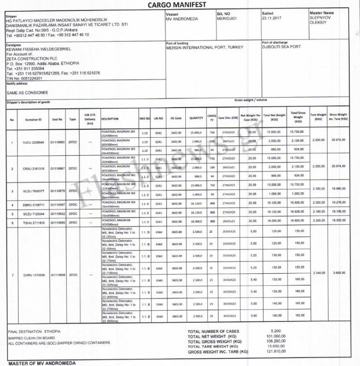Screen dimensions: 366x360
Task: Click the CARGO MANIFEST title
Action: pos(179,5)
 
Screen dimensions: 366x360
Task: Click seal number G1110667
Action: pos(58,168)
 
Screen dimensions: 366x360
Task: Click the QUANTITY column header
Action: pos(196,118)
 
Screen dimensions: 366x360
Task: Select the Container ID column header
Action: pos(34,119)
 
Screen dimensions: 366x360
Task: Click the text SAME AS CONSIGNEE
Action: pos(27,92)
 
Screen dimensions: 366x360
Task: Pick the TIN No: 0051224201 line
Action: pos(24,78)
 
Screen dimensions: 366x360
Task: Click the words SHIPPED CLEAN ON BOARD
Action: pos(31,338)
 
